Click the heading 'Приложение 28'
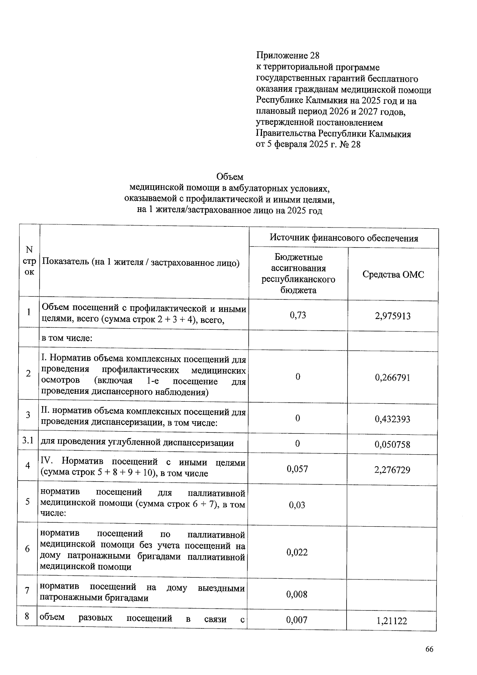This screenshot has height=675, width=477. coord(288,56)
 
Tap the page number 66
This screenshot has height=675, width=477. coord(429,649)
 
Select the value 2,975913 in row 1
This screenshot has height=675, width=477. coord(392,316)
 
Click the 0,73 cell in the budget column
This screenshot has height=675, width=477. coord(298,315)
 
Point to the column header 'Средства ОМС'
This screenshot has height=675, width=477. coord(393,274)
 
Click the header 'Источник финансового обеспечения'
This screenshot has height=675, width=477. coord(343,238)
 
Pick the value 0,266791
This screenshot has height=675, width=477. coord(392,377)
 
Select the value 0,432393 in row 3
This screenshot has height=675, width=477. coord(392,419)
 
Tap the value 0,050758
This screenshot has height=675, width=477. coord(392,444)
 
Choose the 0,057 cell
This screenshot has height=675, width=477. coord(297,469)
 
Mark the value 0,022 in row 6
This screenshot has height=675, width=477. coord(297,552)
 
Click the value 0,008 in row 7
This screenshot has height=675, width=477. coord(297,594)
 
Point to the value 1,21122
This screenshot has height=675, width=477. coord(392,621)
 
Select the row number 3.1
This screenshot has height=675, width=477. coord(28,440)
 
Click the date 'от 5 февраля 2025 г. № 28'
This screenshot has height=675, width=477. coord(308,144)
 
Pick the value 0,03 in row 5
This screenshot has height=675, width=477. coord(297,505)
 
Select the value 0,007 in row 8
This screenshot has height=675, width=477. coord(297,620)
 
